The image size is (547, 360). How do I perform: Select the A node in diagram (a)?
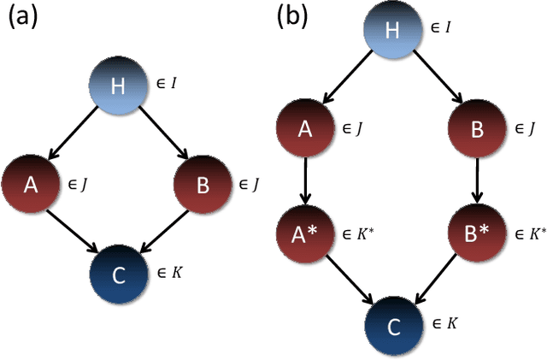pos(30,185)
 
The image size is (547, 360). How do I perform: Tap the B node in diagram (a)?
pos(204,185)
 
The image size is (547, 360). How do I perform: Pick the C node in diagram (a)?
pos(120,274)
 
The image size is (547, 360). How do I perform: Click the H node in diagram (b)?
pos(392,31)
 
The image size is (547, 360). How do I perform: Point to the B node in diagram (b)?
pos(478,129)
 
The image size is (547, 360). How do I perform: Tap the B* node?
pos(478,232)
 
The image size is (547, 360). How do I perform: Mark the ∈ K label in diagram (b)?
pos(443,322)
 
